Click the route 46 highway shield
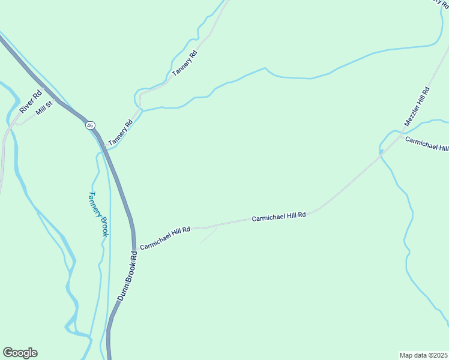click(90, 125)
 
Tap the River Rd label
click(31, 101)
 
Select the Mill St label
click(45, 108)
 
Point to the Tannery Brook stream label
click(98, 214)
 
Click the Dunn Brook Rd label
click(127, 276)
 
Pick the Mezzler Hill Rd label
click(417, 107)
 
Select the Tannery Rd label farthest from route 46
click(185, 62)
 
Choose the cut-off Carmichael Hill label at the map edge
click(427, 144)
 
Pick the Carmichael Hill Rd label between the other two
click(279, 217)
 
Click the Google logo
click(20, 353)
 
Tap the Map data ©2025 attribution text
click(423, 355)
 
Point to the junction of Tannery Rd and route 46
click(106, 149)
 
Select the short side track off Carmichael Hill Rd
click(208, 235)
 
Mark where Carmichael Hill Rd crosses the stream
click(381, 155)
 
